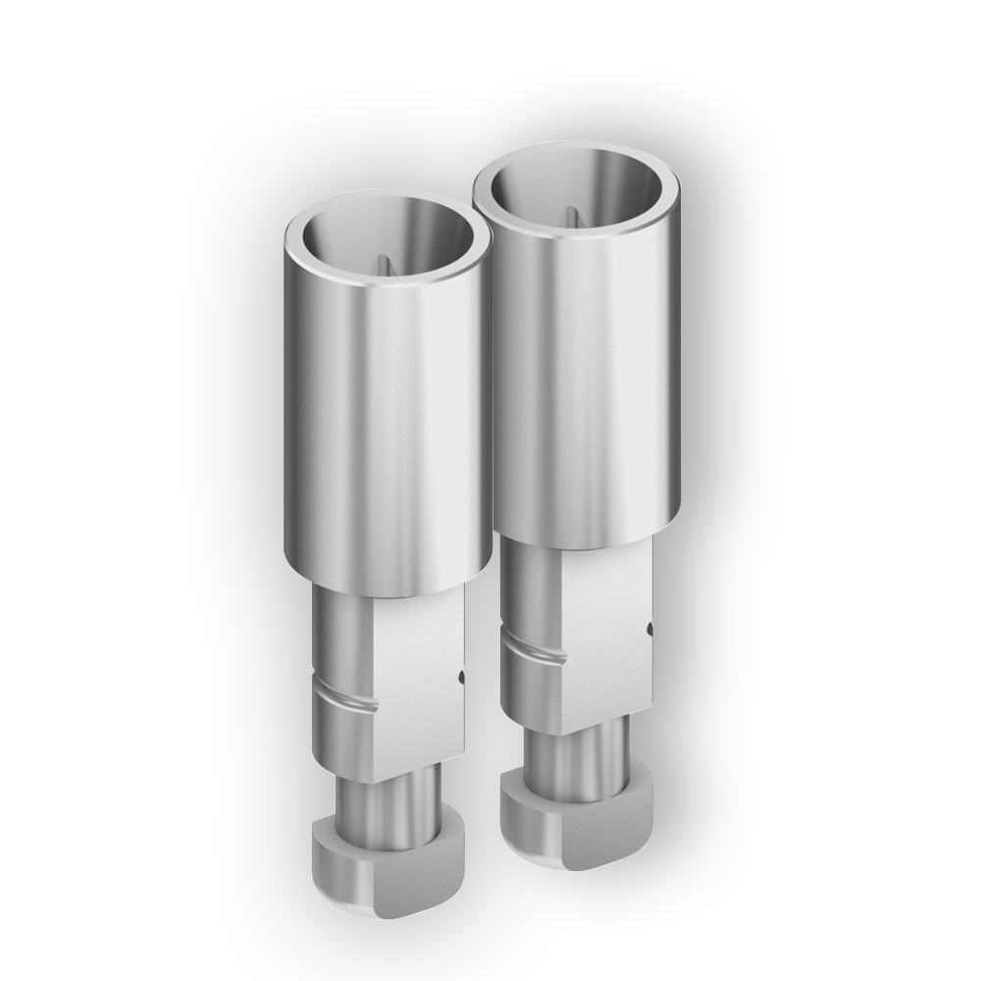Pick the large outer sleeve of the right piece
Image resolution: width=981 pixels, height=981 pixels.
tap(579, 383)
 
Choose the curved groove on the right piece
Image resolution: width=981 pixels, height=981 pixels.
tap(535, 649)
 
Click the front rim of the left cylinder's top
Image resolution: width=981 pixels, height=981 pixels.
tap(387, 284)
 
